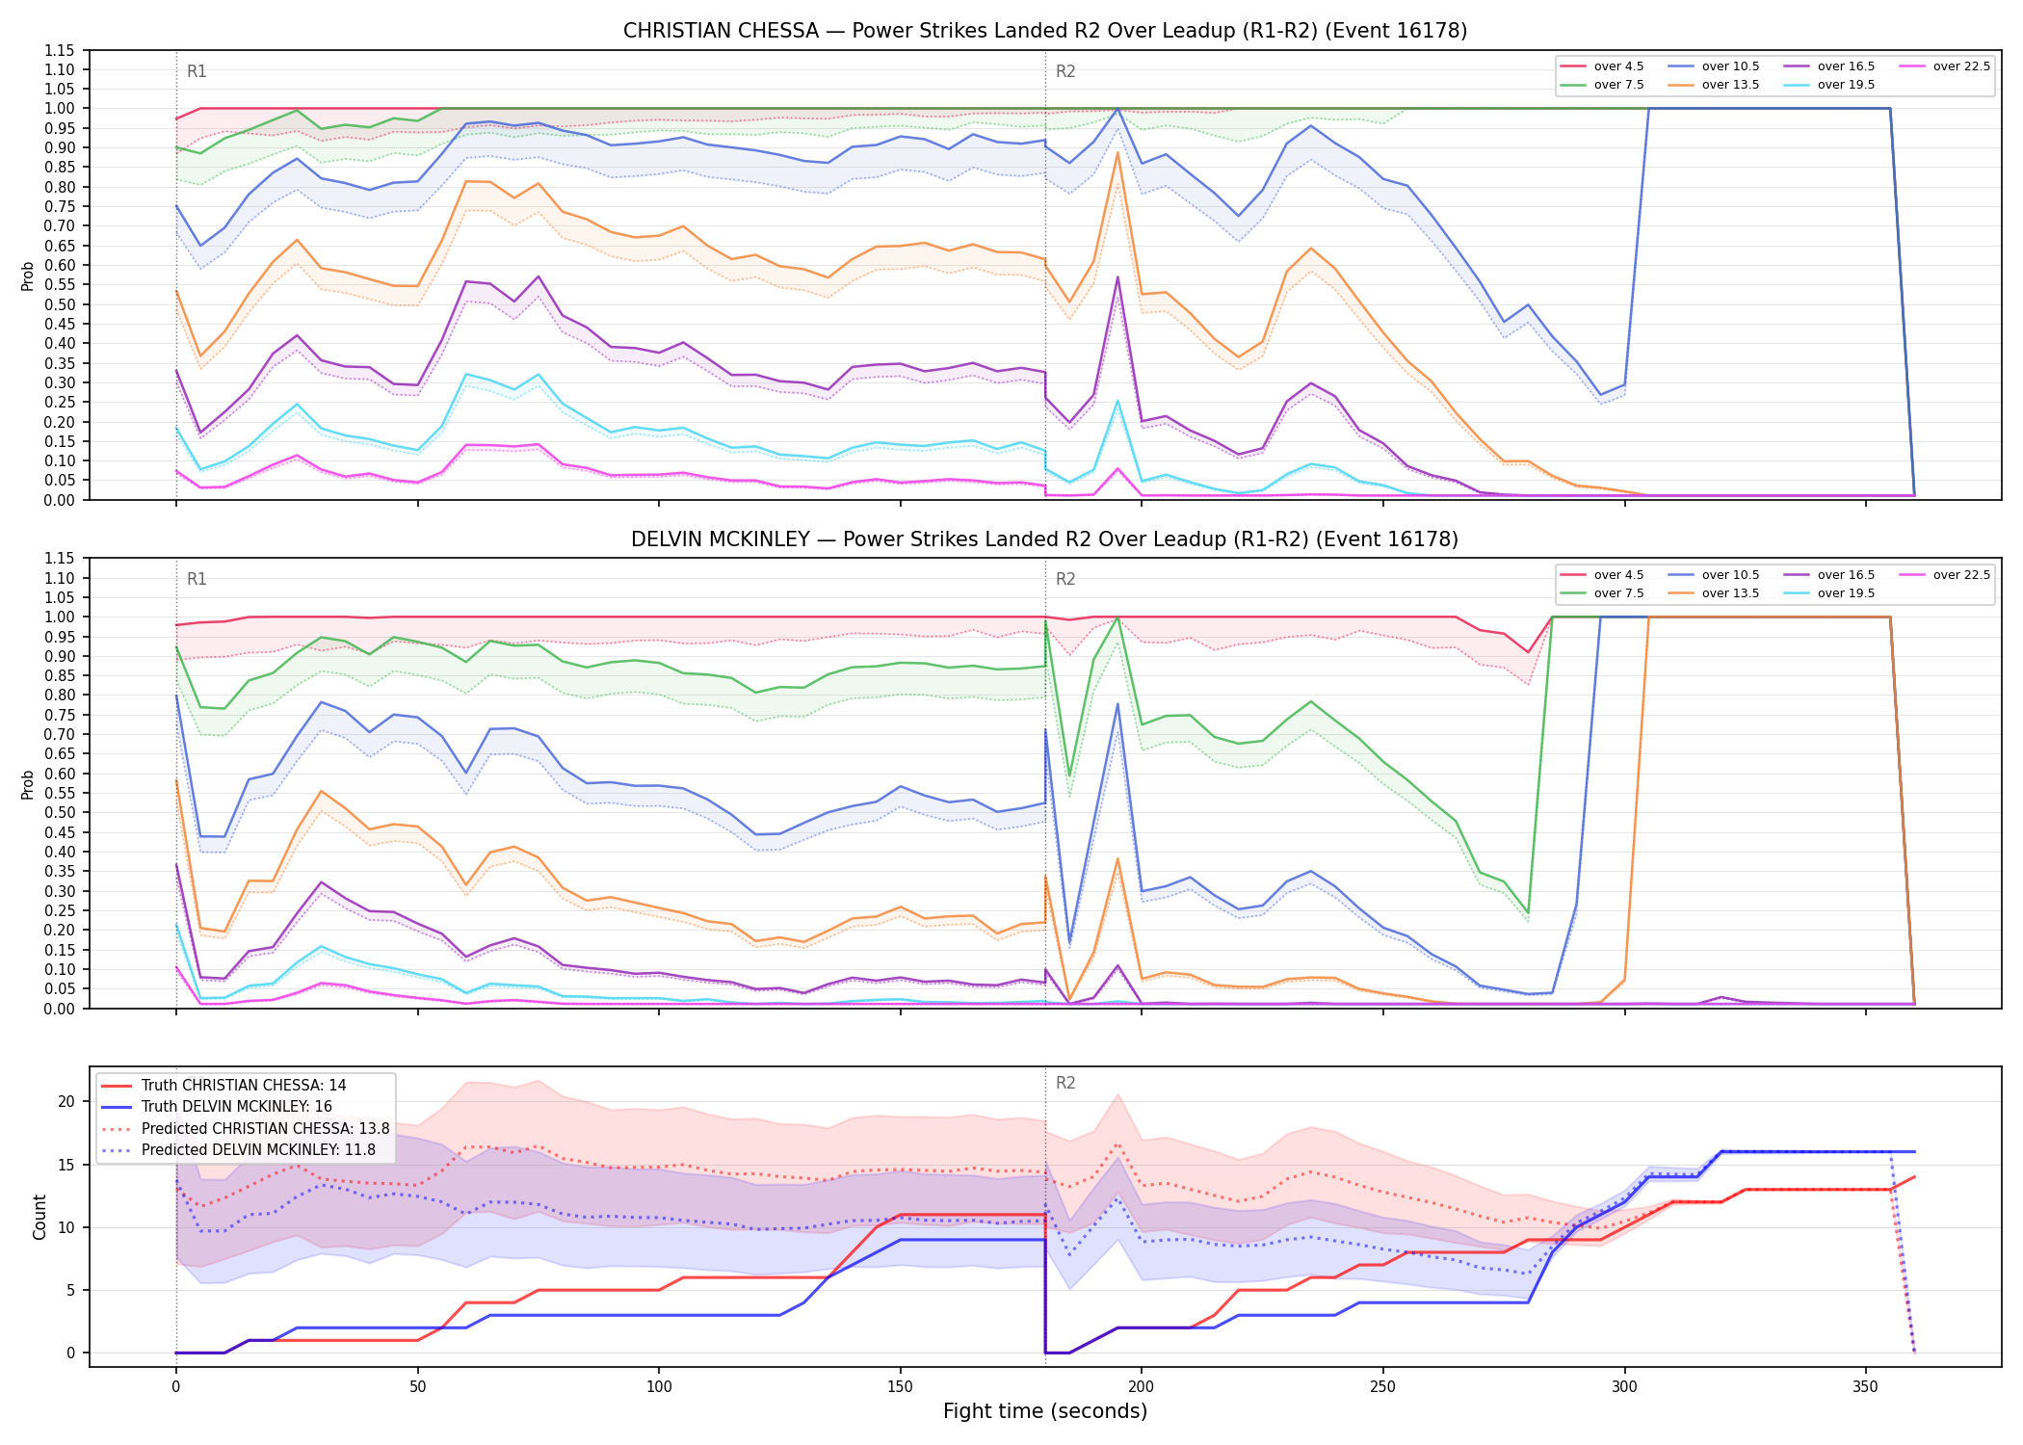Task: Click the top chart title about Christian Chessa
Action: tap(1045, 31)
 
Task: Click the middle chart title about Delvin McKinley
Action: tap(1045, 539)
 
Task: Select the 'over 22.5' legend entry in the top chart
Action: tap(1945, 66)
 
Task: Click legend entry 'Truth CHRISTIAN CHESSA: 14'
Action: tap(223, 1085)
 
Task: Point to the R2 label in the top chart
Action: tap(1065, 71)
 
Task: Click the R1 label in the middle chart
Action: tap(197, 579)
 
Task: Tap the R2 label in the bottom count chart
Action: tap(1065, 1083)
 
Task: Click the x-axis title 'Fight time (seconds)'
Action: tap(1045, 1411)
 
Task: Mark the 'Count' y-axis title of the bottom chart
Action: tap(39, 1217)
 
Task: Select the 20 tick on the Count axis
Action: tap(66, 1101)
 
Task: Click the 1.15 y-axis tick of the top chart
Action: tap(60, 50)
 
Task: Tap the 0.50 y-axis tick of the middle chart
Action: tap(60, 812)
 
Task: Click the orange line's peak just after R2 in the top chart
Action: tap(1117, 152)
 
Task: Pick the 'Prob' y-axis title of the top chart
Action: tap(28, 276)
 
